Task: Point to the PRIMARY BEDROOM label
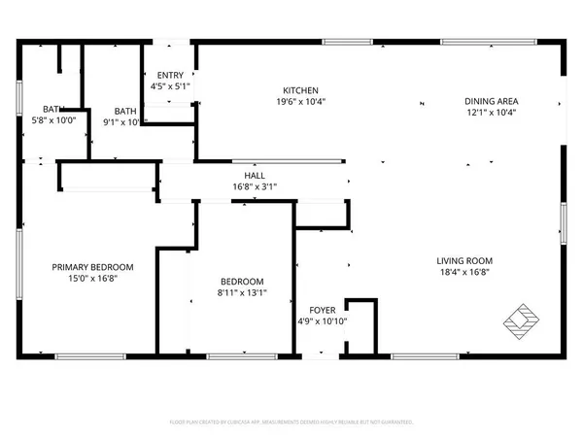(92, 267)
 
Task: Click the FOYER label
(323, 310)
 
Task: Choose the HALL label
(255, 175)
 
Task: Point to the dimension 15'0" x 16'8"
(92, 279)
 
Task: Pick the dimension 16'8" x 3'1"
(255, 186)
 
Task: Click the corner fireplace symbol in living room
(522, 319)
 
